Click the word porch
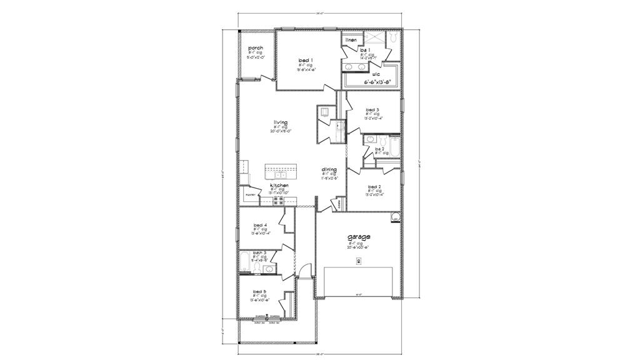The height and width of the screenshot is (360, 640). pos(256,48)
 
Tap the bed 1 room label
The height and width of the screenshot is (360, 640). pos(306,60)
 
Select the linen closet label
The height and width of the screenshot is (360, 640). pos(351,40)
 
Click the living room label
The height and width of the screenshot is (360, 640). pos(280,122)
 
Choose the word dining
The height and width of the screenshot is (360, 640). pos(329,169)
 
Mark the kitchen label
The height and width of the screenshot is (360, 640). pos(279,186)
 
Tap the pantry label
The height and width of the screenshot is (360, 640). pos(251,195)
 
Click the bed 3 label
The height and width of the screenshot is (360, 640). pos(372,109)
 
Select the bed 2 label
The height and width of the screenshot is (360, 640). pos(374,187)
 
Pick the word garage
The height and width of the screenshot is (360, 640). pos(359,237)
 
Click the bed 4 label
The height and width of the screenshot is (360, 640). pos(261,225)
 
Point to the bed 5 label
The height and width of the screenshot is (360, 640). pos(260,291)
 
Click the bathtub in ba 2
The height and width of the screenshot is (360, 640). pos(394,147)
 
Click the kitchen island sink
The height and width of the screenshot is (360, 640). pos(277,174)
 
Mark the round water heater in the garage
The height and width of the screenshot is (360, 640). pos(395,217)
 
